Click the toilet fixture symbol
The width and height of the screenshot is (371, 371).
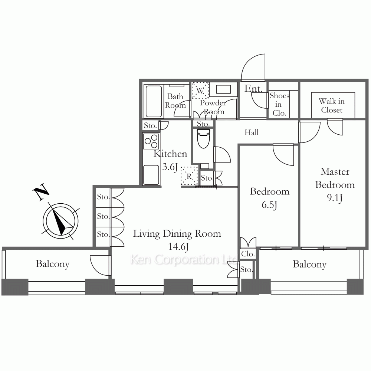203,138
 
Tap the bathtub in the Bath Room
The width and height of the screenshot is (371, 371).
154,101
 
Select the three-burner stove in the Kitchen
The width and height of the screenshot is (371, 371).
151,141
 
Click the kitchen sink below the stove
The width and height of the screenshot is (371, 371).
151,175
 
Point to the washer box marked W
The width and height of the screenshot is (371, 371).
200,90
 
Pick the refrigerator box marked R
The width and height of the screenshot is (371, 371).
189,176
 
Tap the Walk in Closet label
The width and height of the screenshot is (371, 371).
331,105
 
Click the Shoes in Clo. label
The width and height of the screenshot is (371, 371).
279,104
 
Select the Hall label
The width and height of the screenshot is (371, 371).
251,132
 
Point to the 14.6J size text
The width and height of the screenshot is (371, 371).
178,247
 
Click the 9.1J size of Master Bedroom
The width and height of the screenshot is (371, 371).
335,198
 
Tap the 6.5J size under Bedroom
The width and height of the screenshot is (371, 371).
269,205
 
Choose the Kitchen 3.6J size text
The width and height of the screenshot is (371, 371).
170,167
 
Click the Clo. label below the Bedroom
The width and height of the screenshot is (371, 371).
248,254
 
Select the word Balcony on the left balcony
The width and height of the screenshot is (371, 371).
53,264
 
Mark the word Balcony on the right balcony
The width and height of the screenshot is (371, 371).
309,264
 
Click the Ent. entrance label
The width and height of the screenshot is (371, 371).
253,89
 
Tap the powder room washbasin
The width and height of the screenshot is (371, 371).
223,89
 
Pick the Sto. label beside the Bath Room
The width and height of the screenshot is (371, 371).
151,125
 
